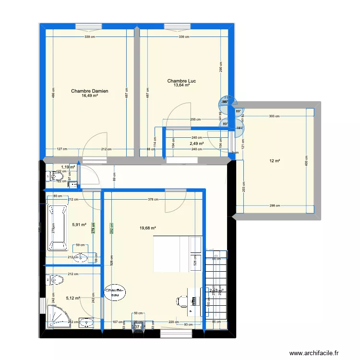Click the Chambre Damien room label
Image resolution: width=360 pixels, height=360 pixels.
pos(90,91)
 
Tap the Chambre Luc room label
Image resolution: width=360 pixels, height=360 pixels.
pos(181,81)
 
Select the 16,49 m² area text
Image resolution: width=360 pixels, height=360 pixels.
pos(90,96)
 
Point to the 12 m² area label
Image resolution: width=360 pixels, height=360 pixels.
pos(274,161)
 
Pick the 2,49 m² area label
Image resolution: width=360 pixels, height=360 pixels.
pos(196,144)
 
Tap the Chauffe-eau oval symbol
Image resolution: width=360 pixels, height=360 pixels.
pos(115,292)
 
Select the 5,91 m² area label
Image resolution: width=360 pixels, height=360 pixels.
pos(79,224)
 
